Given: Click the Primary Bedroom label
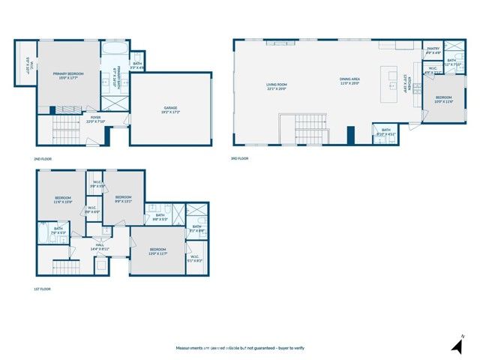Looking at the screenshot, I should (x=68, y=76).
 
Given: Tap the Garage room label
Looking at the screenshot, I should (x=171, y=109).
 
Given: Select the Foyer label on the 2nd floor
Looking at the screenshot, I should (x=96, y=118).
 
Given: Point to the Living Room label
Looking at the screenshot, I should (x=277, y=86).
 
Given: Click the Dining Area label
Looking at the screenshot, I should (x=350, y=80).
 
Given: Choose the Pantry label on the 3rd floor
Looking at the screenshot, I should (x=433, y=50).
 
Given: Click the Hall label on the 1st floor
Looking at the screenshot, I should (x=100, y=246).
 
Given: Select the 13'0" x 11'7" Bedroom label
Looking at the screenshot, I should (x=157, y=250).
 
